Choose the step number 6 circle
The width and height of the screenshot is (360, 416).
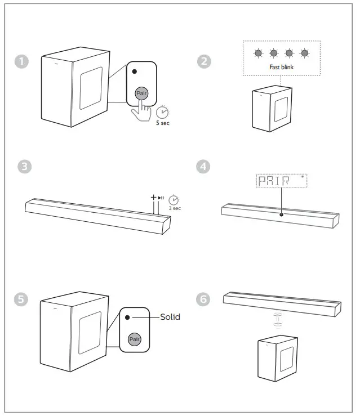pyautogui.click(x=205, y=299)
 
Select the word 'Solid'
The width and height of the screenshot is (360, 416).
pyautogui.click(x=170, y=317)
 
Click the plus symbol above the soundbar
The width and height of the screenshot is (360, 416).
pyautogui.click(x=153, y=198)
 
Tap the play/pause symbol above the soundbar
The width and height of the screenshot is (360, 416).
pyautogui.click(x=161, y=198)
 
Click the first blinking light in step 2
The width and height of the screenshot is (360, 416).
pyautogui.click(x=258, y=53)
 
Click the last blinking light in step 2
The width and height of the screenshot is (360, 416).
pyautogui.click(x=305, y=53)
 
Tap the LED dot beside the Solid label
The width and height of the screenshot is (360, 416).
pyautogui.click(x=128, y=317)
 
